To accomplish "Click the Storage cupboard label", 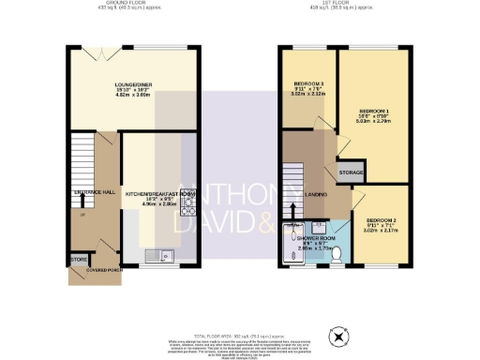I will (351, 173).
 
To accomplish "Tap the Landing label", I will (316, 194).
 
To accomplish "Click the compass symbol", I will (336, 336).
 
